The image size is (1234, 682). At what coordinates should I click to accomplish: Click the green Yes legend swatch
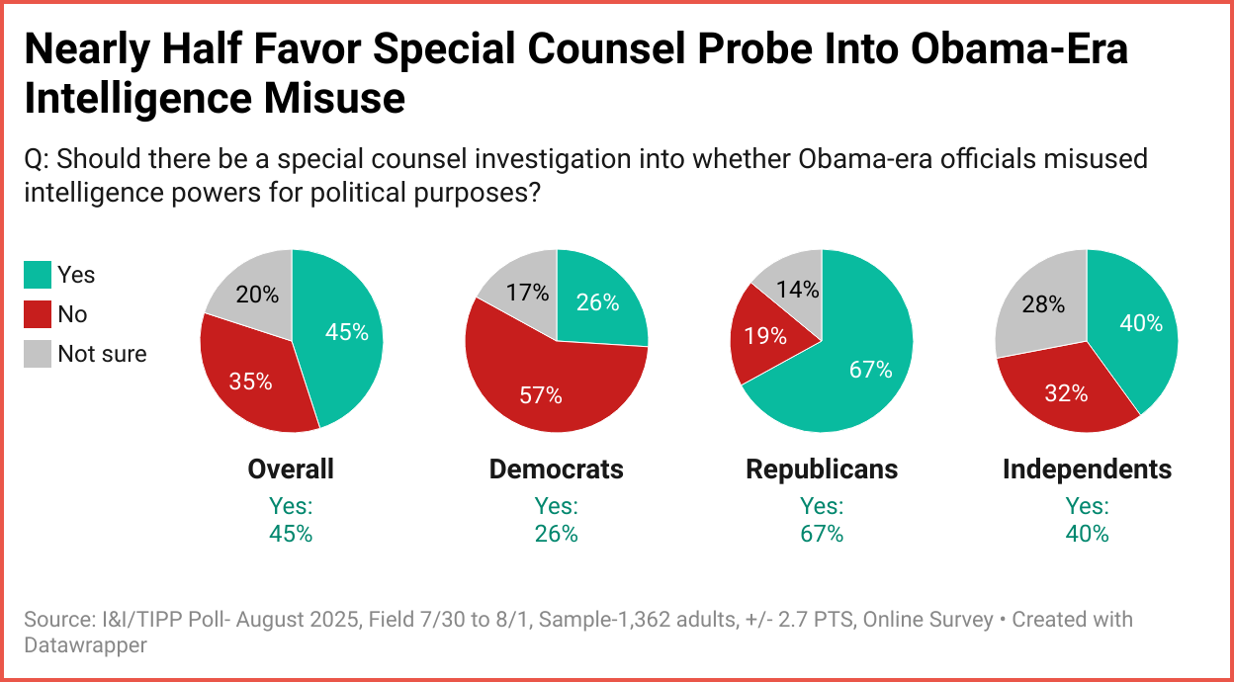[38, 275]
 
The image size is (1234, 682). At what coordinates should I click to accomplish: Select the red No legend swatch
[38, 314]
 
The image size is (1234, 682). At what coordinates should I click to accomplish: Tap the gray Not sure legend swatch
[38, 354]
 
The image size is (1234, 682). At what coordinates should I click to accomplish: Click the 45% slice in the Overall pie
[346, 333]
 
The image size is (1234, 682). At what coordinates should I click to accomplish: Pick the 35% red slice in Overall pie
[251, 381]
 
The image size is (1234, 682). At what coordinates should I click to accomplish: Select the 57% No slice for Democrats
[540, 394]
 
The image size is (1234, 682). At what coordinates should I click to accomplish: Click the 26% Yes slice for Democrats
[596, 302]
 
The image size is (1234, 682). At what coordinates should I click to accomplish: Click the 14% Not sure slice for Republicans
[797, 289]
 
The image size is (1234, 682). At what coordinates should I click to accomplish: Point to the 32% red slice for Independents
[1065, 392]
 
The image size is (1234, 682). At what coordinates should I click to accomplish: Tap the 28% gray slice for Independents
[1042, 304]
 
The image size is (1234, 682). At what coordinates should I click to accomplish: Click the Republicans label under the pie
[822, 469]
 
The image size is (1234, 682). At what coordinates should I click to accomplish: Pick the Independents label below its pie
[1087, 469]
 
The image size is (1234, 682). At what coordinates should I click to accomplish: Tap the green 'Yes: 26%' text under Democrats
[557, 520]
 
